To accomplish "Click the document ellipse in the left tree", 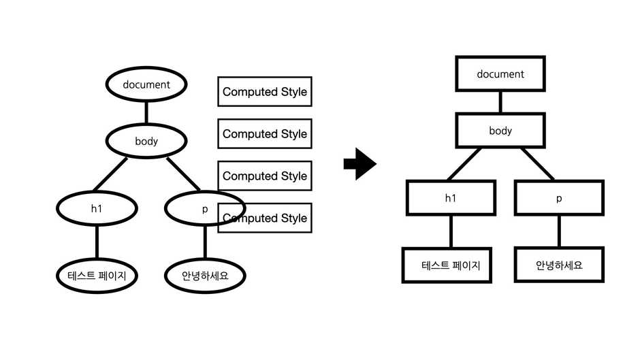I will pyautogui.click(x=146, y=85).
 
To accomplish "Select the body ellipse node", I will pyautogui.click(x=146, y=141).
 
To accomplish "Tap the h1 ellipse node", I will pyautogui.click(x=96, y=209).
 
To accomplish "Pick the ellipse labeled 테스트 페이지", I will pyautogui.click(x=96, y=276).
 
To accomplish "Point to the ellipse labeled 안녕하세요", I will pyautogui.click(x=204, y=276).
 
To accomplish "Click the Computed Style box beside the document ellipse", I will pyautogui.click(x=265, y=92).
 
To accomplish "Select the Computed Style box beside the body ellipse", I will pyautogui.click(x=265, y=134).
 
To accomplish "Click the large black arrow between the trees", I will pyautogui.click(x=359, y=165).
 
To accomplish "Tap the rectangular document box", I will pyautogui.click(x=500, y=74).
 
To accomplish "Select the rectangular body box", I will pyautogui.click(x=500, y=131).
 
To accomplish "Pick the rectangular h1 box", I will pyautogui.click(x=450, y=198).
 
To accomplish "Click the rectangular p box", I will pyautogui.click(x=559, y=198).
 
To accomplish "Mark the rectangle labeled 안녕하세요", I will pyautogui.click(x=559, y=265).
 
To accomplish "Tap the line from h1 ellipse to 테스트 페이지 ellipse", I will pyautogui.click(x=96, y=242).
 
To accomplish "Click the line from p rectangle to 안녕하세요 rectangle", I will pyautogui.click(x=559, y=231).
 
